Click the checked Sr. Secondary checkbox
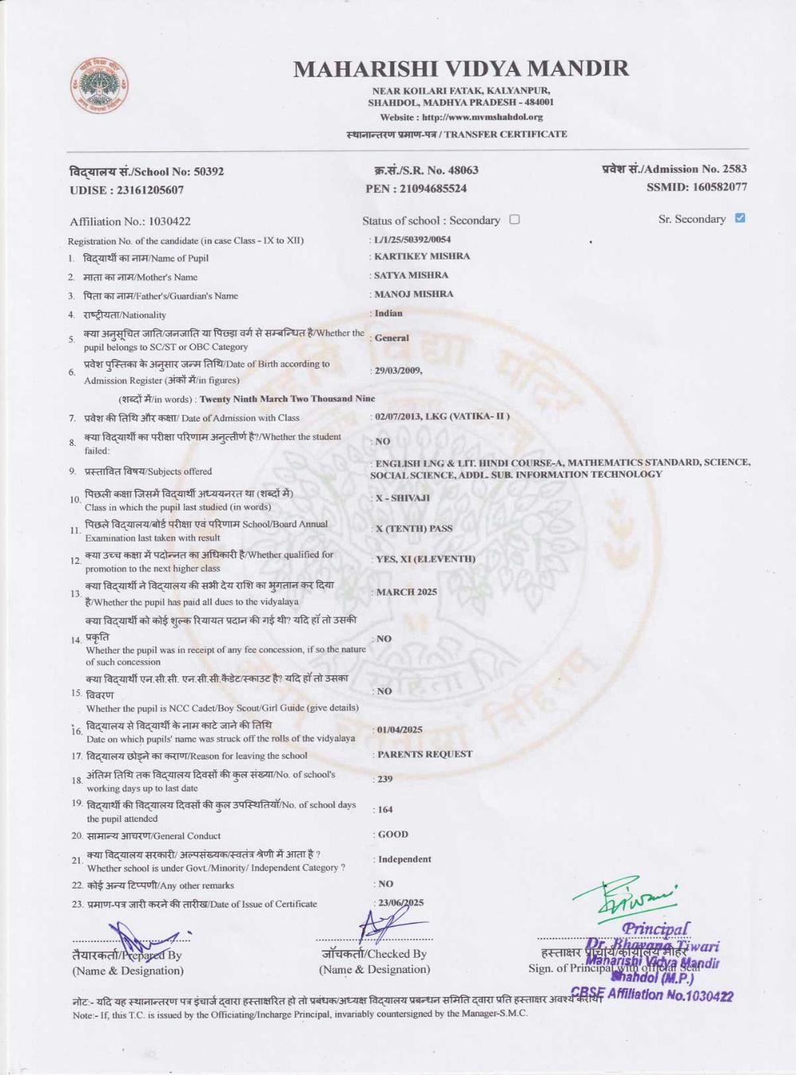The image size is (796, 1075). (740, 217)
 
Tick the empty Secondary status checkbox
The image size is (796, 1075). (514, 219)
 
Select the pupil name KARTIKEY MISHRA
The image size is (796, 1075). (422, 256)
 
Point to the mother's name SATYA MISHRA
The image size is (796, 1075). (412, 276)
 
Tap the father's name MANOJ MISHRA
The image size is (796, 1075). (414, 294)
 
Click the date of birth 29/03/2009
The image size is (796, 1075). (398, 370)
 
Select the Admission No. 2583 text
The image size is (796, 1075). (674, 169)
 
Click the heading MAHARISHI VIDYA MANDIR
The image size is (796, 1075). (461, 68)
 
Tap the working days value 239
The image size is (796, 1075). (385, 779)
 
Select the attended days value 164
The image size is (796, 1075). (385, 809)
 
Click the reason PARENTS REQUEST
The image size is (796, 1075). (424, 754)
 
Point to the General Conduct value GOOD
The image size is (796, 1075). (393, 835)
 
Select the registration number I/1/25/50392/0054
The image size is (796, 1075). (412, 239)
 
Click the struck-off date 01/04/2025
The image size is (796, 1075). (400, 729)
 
